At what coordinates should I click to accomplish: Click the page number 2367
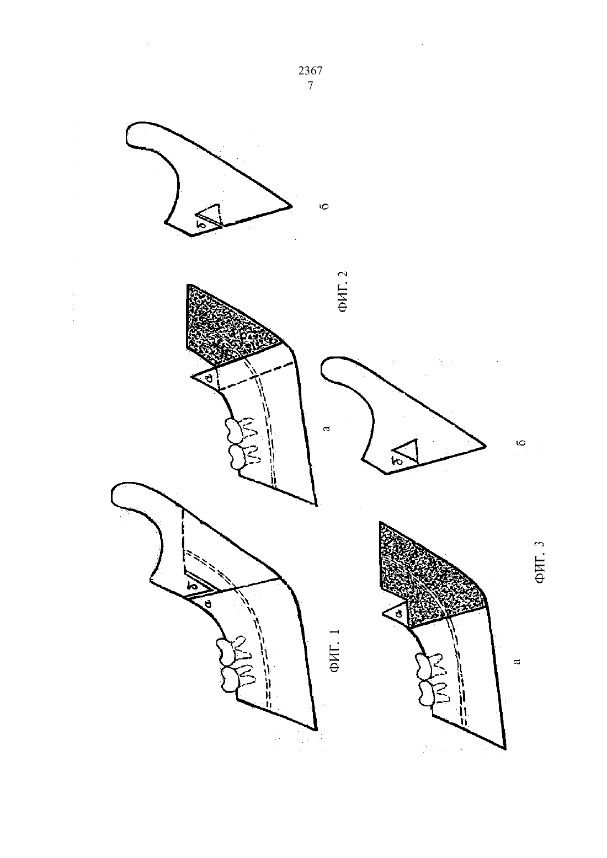click(x=310, y=71)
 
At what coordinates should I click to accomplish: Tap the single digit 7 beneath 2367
click(x=310, y=86)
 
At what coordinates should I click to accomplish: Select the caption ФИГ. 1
click(x=335, y=651)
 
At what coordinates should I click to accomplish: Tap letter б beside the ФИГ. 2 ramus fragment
click(x=326, y=206)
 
